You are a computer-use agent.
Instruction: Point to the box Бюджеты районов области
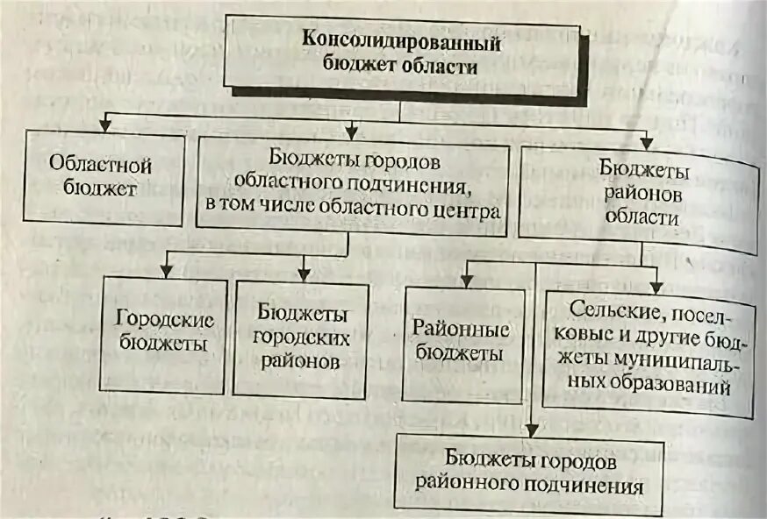638,192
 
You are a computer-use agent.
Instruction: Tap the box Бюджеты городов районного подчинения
529,471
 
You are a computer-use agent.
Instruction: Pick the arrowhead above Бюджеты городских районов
304,272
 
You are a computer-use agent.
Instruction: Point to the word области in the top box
441,66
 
